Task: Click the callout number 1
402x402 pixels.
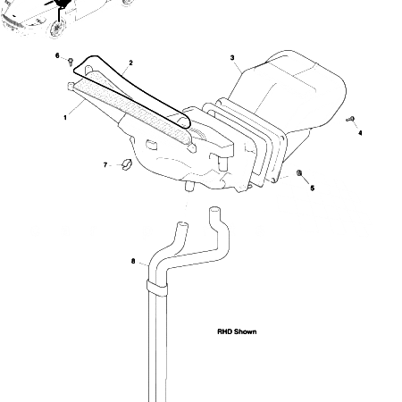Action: pyautogui.click(x=65, y=117)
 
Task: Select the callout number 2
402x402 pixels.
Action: pyautogui.click(x=130, y=63)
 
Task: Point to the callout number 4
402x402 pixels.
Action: pyautogui.click(x=360, y=132)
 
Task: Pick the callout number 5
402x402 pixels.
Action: pyautogui.click(x=312, y=188)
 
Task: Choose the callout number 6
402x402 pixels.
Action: pyautogui.click(x=57, y=56)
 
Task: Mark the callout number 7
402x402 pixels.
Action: pyautogui.click(x=105, y=165)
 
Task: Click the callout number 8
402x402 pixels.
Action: pyautogui.click(x=133, y=262)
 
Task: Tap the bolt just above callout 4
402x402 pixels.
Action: pyautogui.click(x=351, y=118)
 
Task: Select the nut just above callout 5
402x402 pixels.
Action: pyautogui.click(x=299, y=172)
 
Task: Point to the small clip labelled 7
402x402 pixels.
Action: pyautogui.click(x=126, y=164)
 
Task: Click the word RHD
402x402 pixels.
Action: pyautogui.click(x=224, y=331)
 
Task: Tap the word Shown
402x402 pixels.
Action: pyautogui.click(x=246, y=331)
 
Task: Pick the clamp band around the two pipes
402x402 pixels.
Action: pyautogui.click(x=157, y=288)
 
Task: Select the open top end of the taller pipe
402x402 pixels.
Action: pyautogui.click(x=214, y=211)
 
